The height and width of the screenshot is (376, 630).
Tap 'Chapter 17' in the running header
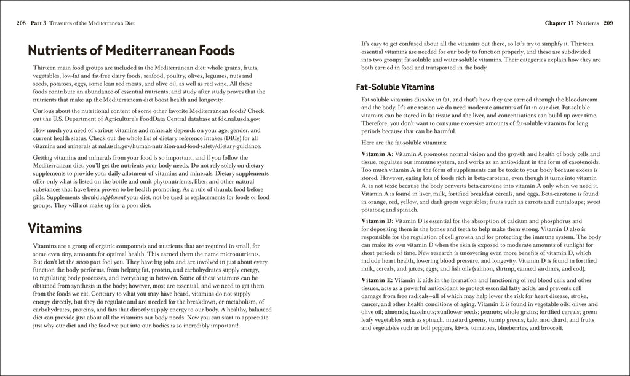click(x=559, y=23)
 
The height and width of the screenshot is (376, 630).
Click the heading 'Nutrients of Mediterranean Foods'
click(x=131, y=50)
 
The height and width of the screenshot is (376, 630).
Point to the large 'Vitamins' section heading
click(x=55, y=229)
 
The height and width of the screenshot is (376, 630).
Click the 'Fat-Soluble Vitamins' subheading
click(x=395, y=87)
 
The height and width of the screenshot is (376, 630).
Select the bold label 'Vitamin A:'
click(x=377, y=152)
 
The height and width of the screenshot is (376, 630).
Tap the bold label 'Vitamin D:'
click(x=377, y=220)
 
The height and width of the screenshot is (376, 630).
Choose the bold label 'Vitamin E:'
click(x=377, y=280)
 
